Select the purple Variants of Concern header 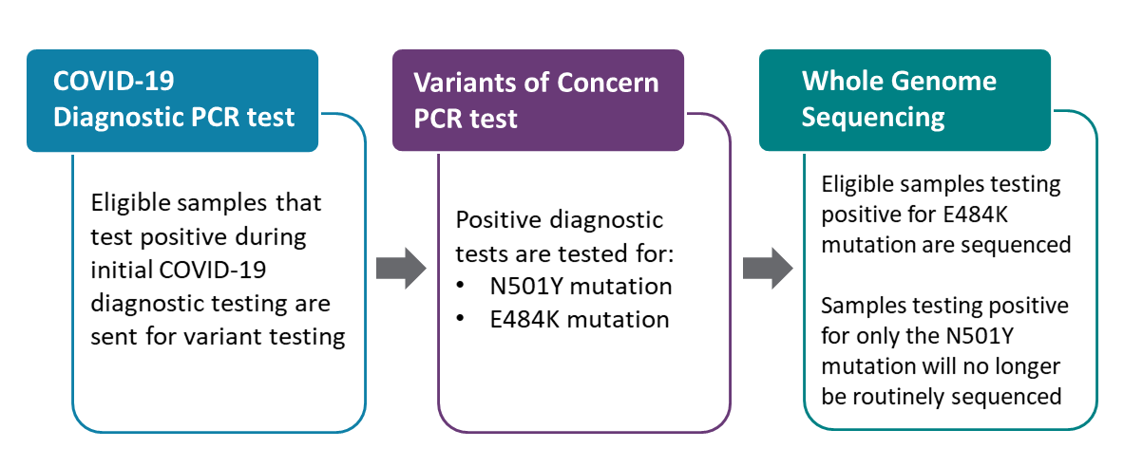pos(537,101)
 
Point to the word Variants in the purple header pos(464,83)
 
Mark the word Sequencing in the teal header pos(874,117)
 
